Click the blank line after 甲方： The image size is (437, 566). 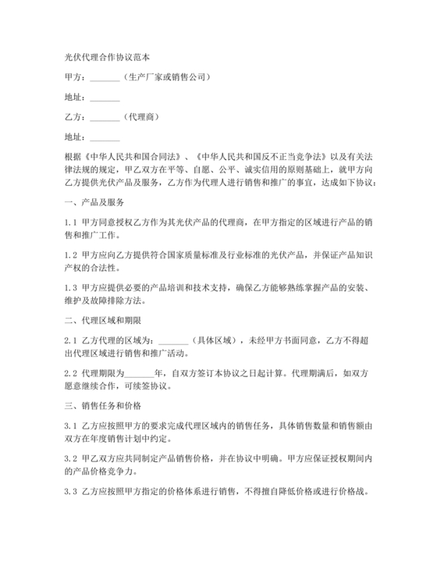pyautogui.click(x=105, y=78)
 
